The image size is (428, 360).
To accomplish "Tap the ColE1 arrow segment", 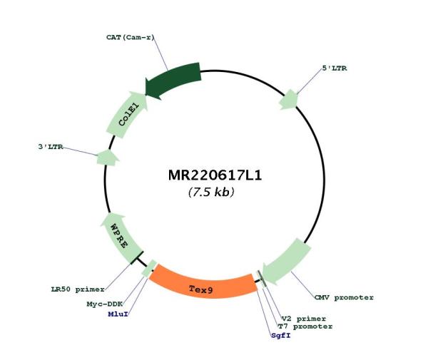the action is tap(128, 115).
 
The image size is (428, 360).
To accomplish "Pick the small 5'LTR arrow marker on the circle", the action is tap(289, 100).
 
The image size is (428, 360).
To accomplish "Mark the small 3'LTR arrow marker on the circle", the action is tap(108, 158).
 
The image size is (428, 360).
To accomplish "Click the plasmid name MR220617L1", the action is tap(215, 175).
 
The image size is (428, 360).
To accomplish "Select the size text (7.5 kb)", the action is tap(211, 192).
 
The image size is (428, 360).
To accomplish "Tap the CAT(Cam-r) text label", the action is tap(131, 37).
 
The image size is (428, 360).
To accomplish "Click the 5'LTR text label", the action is tap(335, 68).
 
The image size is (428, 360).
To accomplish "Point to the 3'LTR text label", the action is tap(51, 147).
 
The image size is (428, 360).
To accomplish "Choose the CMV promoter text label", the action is tap(344, 297).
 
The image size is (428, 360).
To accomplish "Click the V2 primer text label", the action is tap(304, 319).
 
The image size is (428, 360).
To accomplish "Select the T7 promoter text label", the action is tap(305, 326).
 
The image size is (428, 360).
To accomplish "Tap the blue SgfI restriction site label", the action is tap(281, 336).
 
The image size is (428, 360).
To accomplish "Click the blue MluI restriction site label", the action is tap(118, 314).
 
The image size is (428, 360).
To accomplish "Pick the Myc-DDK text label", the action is tap(105, 304).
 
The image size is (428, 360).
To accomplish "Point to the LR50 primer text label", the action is tap(78, 289).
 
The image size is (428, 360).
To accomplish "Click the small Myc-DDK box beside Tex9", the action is tap(149, 269).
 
